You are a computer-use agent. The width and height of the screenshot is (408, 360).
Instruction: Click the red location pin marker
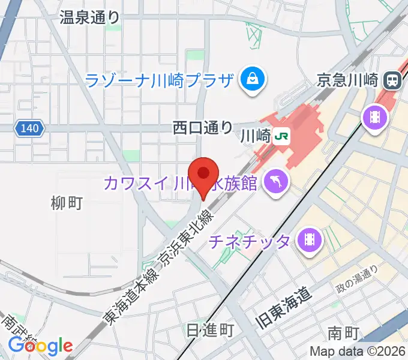pyautogui.click(x=203, y=175)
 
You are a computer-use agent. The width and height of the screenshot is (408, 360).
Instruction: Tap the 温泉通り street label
pyautogui.click(x=89, y=17)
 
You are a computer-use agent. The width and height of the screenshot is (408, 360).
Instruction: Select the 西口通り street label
pyautogui.click(x=202, y=127)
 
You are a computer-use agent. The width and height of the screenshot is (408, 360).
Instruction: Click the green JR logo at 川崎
pyautogui.click(x=281, y=136)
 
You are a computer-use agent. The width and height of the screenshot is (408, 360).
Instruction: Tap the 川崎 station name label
pyautogui.click(x=256, y=136)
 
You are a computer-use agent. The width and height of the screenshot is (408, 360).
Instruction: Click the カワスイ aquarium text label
pyautogui.click(x=180, y=182)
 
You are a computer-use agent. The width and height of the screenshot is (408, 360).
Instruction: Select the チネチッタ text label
pyautogui.click(x=249, y=241)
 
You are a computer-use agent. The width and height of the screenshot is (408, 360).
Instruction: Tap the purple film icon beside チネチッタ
pyautogui.click(x=310, y=240)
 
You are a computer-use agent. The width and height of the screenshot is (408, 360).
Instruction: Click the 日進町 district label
pyautogui.click(x=209, y=330)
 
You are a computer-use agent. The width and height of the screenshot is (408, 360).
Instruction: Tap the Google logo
pyautogui.click(x=41, y=346)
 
